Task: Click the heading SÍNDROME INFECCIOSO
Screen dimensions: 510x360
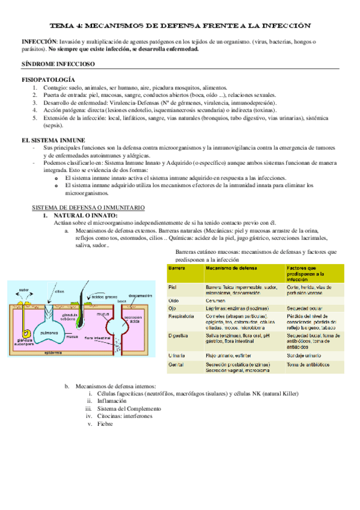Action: [50, 63]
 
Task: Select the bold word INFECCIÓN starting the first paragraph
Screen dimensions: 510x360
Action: [39, 41]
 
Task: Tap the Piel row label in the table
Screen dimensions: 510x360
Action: [173, 287]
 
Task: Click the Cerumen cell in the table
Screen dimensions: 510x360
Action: [216, 299]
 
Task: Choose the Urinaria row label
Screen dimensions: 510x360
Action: [178, 356]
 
